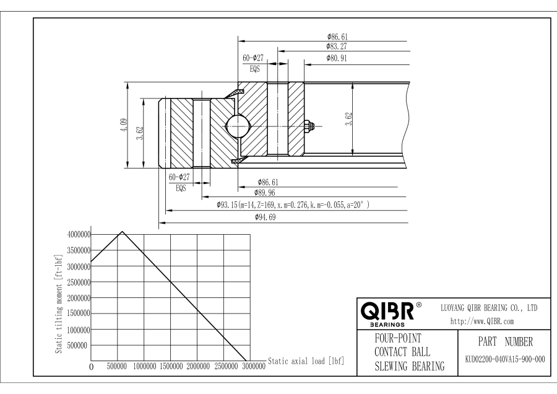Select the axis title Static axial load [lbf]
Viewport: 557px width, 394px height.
tap(306, 360)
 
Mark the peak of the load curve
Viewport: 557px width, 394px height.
tap(123, 232)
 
